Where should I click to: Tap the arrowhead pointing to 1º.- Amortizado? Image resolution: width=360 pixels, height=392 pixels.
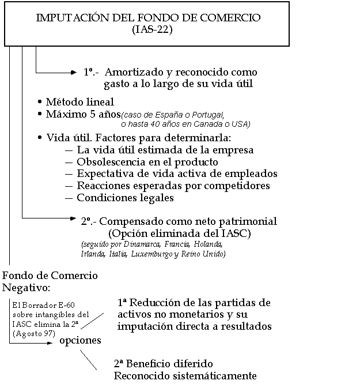(x=75, y=73)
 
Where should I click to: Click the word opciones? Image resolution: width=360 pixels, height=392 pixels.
(x=80, y=341)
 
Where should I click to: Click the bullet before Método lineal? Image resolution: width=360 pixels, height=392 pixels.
(x=39, y=102)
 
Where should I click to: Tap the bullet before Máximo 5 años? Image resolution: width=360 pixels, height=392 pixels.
(x=39, y=114)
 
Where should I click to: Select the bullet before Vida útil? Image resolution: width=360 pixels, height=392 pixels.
(x=39, y=138)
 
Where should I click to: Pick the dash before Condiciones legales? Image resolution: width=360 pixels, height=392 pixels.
(x=69, y=198)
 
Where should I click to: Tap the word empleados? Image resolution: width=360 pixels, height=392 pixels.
(x=253, y=174)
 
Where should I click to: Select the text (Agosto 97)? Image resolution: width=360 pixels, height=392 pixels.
(x=33, y=334)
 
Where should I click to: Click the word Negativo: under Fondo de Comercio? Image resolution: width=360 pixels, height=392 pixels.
(x=26, y=287)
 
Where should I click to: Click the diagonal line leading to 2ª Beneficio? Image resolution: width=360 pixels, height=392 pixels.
(x=88, y=361)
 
